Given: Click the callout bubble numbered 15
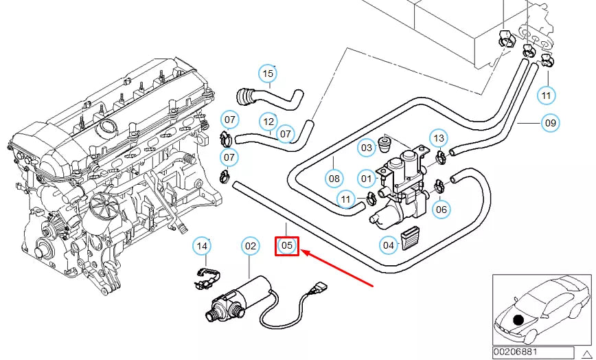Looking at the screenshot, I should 268,74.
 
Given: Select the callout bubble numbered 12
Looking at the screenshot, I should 268,122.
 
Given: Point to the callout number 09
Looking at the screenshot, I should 550,124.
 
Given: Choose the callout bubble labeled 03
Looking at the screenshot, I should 367,147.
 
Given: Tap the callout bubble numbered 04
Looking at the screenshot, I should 389,245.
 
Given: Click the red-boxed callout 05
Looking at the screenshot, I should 287,245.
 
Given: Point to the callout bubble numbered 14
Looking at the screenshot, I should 201,245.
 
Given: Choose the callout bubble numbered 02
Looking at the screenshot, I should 251,245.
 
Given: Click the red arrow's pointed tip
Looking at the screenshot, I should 303,252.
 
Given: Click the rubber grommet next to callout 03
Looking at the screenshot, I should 387,145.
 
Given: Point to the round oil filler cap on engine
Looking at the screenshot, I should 106,127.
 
